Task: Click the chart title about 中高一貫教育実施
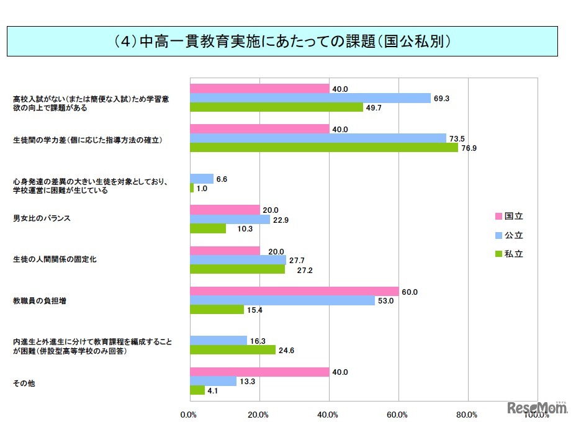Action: tap(287, 42)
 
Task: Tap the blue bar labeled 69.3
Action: tap(310, 98)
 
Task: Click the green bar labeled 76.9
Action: tap(323, 148)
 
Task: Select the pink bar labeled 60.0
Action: tap(294, 291)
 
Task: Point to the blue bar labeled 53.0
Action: tap(282, 300)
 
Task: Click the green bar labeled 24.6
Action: tap(232, 350)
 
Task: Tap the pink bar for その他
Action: tap(259, 372)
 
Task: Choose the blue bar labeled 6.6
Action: tap(201, 179)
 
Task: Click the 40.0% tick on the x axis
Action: tap(328, 415)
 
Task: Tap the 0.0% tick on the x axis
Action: tap(189, 415)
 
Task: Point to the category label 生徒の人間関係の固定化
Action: tap(55, 259)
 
